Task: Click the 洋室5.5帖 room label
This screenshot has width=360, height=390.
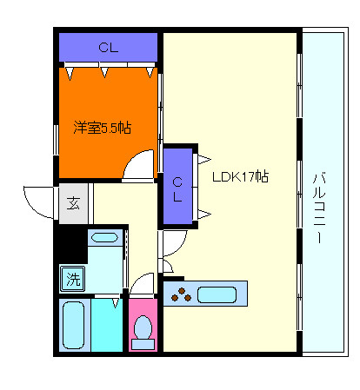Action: (102, 128)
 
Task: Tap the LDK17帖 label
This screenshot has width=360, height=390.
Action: (240, 176)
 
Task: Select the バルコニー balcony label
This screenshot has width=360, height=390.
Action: (319, 208)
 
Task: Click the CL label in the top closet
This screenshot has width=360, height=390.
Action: (109, 48)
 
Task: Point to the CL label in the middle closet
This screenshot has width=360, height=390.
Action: (177, 189)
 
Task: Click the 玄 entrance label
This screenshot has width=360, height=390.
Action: (73, 203)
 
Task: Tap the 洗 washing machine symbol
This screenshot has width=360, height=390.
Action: (73, 279)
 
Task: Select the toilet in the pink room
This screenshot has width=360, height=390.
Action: (143, 333)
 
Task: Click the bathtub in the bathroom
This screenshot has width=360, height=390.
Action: (74, 325)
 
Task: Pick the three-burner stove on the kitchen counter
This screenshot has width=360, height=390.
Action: (181, 294)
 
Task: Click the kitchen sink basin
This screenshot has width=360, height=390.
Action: (217, 294)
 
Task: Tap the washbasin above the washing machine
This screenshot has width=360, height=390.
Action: (104, 238)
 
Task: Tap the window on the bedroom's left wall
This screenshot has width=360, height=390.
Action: (56, 140)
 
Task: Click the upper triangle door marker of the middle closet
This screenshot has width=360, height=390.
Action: (204, 159)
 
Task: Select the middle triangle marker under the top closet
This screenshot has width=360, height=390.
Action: (104, 72)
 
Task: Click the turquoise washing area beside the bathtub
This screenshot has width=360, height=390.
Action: (107, 325)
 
